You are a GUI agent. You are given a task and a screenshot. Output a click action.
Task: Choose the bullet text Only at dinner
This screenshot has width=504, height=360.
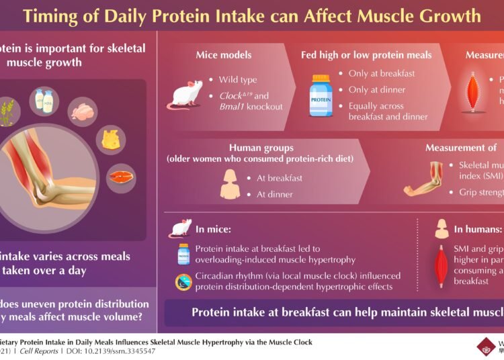[378, 89]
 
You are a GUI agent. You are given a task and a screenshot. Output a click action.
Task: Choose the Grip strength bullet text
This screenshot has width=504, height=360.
[477, 193]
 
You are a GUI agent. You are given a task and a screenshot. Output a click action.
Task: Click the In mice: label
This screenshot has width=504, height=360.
[210, 229]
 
